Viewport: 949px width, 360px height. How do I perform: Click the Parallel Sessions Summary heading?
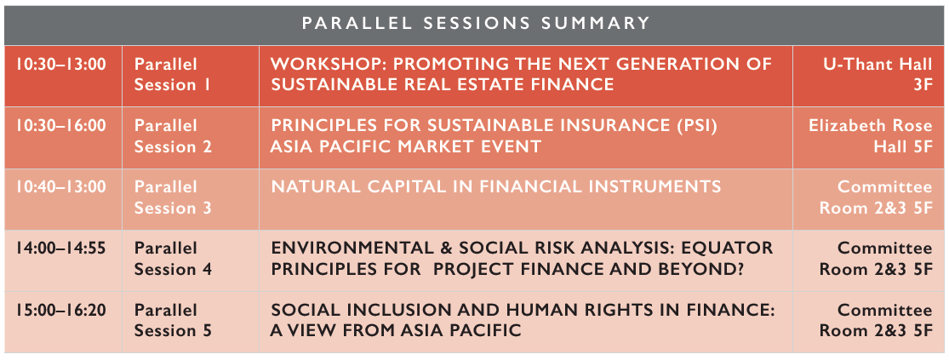coord(476,24)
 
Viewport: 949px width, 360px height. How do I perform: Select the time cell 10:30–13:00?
coord(61,64)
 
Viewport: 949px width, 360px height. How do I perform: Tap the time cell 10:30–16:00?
coord(61,126)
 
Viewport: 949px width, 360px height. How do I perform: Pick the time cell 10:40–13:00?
coord(61,187)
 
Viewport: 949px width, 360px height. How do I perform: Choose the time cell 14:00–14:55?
coord(61,248)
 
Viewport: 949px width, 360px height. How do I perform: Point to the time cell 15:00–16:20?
coord(61,311)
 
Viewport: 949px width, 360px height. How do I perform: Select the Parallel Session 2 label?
coord(173,136)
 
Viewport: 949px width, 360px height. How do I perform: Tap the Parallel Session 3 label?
coord(173,197)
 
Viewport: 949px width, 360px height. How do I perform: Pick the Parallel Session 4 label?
coord(173,259)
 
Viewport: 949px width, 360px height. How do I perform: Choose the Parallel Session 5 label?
coord(173,321)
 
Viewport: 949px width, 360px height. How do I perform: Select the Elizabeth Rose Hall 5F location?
coord(871,136)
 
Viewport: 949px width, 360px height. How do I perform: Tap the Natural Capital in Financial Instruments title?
coord(495,187)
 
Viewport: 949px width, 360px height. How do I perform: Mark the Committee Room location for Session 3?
coord(876,197)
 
